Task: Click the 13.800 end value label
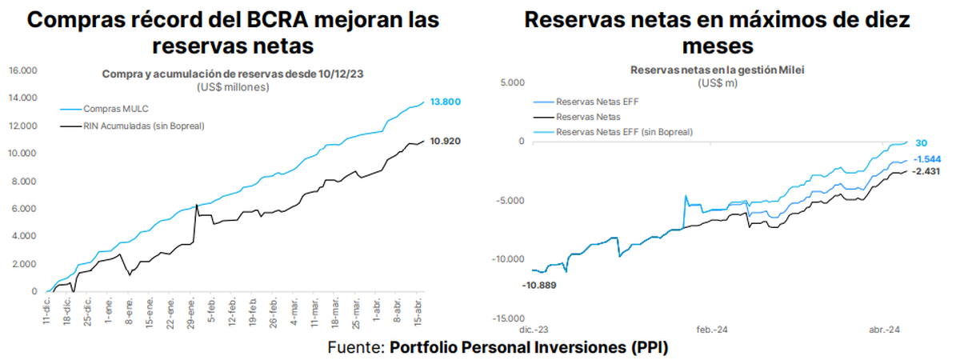coord(446,102)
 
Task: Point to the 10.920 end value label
coord(446,142)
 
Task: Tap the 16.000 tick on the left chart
coord(23,70)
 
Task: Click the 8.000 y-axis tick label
coord(26,181)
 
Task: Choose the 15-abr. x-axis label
coord(417,310)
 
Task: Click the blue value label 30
coord(921,142)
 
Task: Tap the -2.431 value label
coord(929,170)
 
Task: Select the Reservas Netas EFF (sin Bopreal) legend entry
coord(624,131)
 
